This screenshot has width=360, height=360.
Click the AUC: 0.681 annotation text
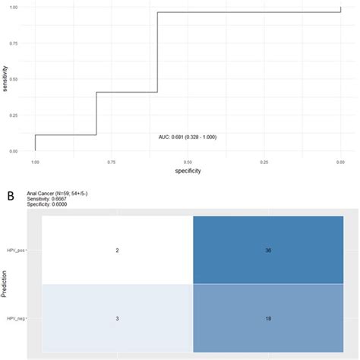(187, 137)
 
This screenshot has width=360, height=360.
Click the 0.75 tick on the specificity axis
(111, 162)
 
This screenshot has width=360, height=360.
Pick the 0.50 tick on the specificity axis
(188, 162)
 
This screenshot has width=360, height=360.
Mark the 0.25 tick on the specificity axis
(264, 162)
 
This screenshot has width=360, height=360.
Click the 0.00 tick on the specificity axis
(339, 162)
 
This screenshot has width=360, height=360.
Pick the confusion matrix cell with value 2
(117, 251)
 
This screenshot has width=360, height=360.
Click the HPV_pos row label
(27, 251)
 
